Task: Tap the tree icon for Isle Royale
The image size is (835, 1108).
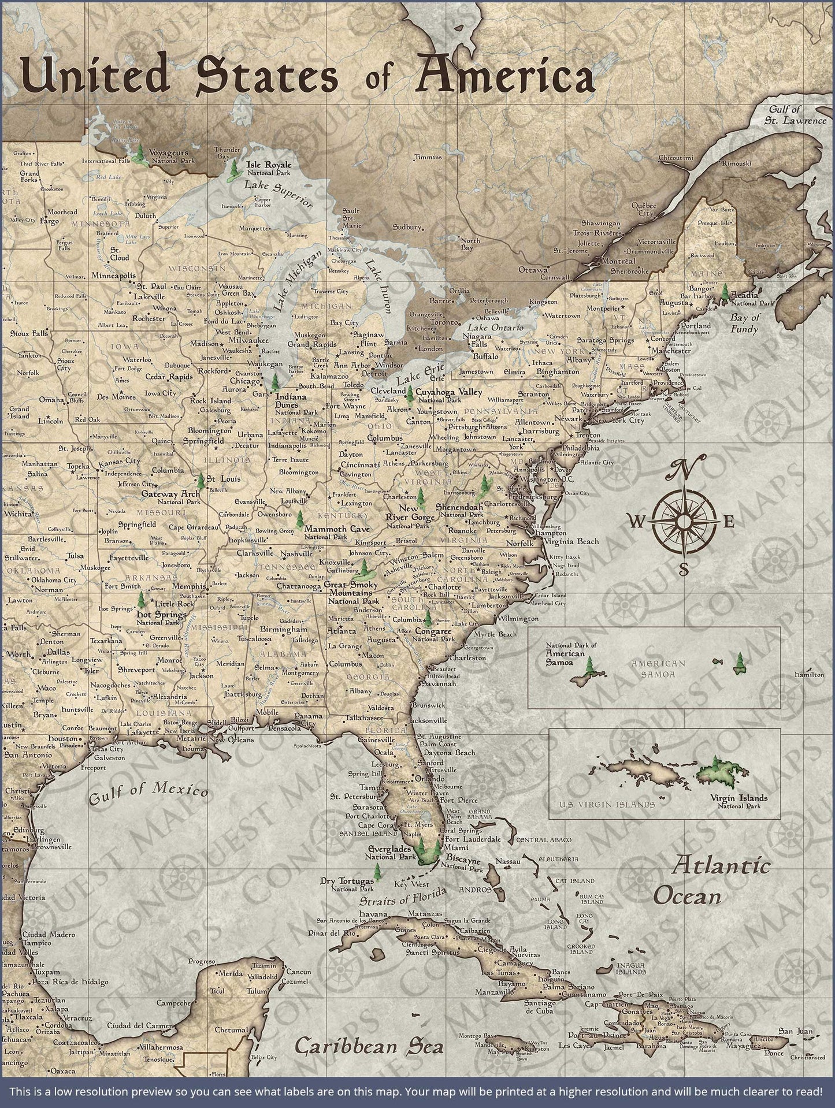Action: [233, 169]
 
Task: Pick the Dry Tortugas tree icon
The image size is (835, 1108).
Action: [377, 871]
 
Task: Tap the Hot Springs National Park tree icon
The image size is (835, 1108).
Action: [140, 601]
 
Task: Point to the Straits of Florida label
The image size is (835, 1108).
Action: [403, 898]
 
